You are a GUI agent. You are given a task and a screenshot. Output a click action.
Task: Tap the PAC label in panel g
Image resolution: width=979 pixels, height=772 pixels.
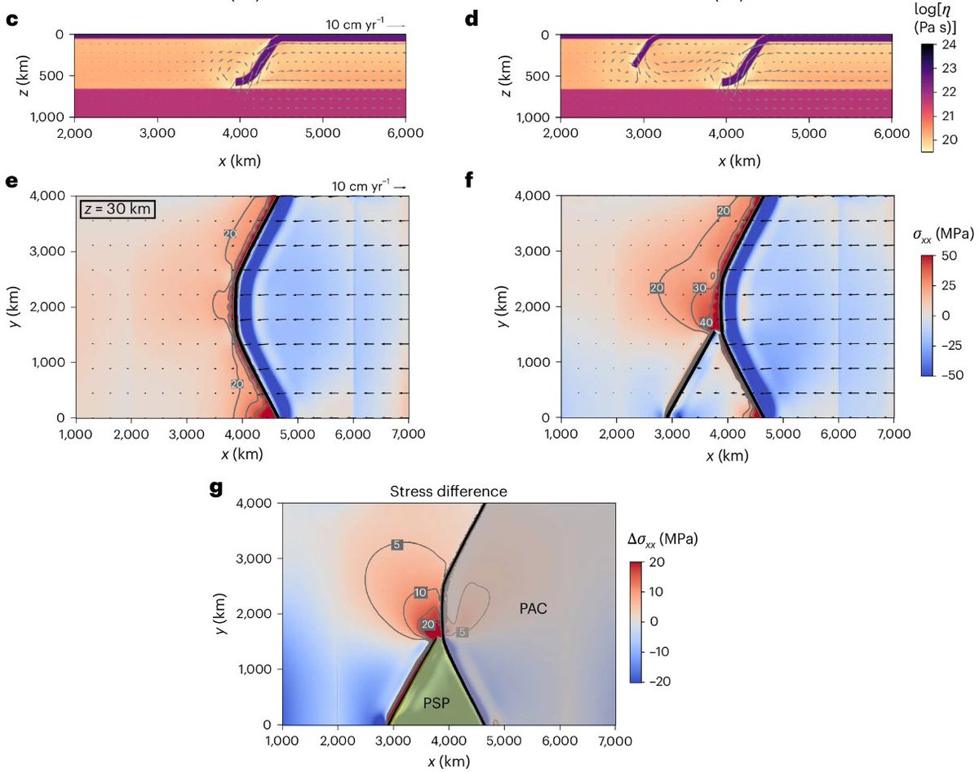pyautogui.click(x=535, y=607)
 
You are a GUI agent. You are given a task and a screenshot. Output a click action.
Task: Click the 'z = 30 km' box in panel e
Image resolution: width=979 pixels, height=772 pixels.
pyautogui.click(x=117, y=210)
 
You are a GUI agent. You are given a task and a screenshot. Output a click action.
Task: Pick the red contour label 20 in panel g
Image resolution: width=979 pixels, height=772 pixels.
pyautogui.click(x=427, y=625)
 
